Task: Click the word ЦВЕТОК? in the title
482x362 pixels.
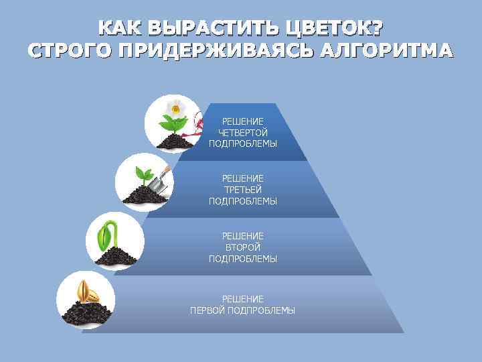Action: [x=335, y=29]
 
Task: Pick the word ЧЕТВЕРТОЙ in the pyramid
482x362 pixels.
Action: [x=242, y=132]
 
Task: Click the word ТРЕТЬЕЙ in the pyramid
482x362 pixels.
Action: [x=242, y=190]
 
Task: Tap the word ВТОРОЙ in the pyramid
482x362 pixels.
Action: [x=242, y=247]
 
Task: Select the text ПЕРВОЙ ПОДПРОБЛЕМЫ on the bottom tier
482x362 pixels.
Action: [x=242, y=310]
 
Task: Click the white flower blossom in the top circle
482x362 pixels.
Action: [x=175, y=107]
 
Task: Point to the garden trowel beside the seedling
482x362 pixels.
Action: [x=159, y=180]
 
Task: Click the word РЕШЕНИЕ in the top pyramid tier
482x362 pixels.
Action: [x=242, y=121]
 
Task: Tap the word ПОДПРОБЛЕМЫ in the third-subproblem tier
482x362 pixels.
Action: [x=242, y=201]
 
